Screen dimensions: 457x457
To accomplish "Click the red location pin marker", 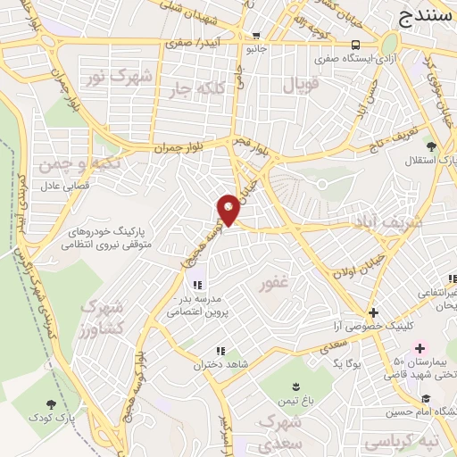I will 228,209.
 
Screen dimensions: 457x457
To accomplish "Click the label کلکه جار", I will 214,90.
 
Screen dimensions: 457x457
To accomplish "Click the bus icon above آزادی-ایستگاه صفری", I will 356,44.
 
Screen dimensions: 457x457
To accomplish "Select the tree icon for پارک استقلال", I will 432,145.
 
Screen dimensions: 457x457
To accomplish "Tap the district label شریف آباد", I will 401,220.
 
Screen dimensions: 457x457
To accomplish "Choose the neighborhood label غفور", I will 273,285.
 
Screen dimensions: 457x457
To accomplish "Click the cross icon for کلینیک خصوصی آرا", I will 374,312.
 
